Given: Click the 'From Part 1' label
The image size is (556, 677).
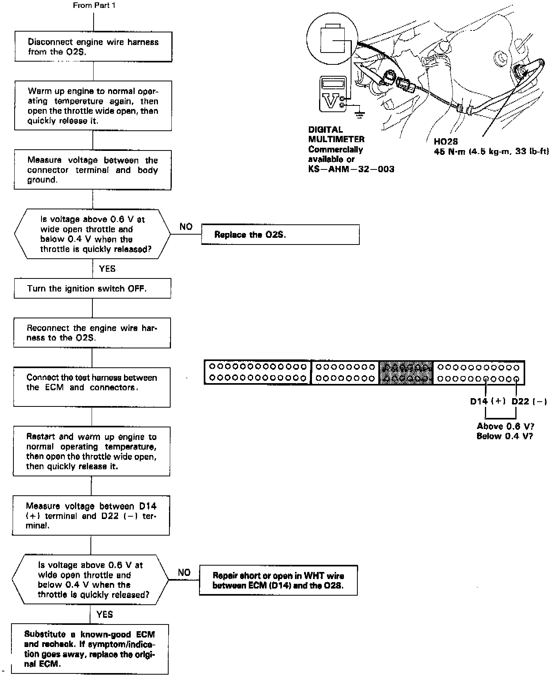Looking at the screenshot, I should (94, 6).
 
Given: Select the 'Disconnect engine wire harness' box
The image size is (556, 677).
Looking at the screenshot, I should (93, 47).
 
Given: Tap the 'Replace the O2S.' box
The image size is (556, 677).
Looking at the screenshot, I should (280, 235).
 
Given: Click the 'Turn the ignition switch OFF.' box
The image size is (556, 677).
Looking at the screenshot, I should (92, 288).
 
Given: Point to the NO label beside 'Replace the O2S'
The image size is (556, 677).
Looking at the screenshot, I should (186, 227).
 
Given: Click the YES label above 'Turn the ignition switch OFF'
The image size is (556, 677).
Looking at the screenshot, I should (107, 269).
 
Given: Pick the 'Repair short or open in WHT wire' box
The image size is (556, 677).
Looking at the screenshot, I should (278, 581).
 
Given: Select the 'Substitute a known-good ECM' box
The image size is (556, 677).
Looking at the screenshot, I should (90, 649).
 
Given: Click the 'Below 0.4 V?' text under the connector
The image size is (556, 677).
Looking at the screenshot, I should (505, 436).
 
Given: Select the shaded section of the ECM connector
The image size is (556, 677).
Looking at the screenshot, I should (406, 372).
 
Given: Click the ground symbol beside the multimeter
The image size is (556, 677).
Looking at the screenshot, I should (359, 115).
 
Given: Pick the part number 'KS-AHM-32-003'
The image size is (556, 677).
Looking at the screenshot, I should (351, 169).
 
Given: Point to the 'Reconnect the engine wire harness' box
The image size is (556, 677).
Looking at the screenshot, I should (92, 333).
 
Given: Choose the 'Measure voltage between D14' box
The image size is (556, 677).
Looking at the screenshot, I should (91, 516).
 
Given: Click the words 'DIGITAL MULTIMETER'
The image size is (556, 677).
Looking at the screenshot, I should (336, 134).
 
